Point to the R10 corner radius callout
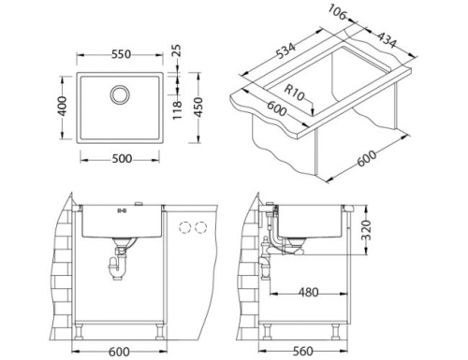299,92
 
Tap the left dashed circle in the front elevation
184,227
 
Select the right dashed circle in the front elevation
200,227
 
